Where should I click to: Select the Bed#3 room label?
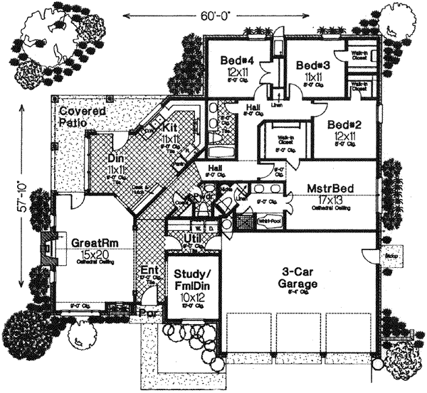310,65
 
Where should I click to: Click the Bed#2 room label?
345,124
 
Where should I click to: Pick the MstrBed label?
332,190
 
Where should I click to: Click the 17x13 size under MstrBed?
332,200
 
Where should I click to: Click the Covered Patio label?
83,118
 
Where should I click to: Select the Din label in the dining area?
117,158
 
